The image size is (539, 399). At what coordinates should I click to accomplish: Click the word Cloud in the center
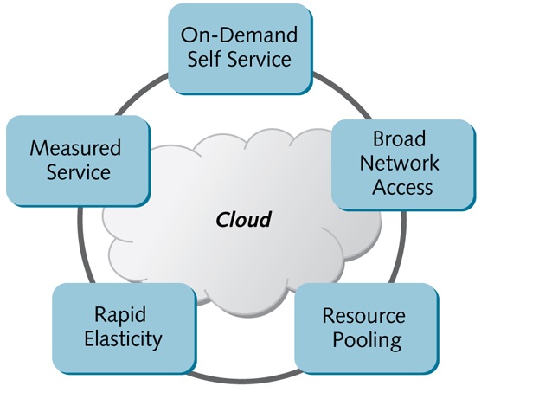point(243,220)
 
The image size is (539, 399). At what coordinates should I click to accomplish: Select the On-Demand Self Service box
point(239,48)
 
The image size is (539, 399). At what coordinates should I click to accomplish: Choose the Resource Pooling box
point(363,327)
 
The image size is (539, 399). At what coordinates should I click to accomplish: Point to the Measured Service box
point(75,160)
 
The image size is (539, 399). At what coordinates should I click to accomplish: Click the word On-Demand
point(239,35)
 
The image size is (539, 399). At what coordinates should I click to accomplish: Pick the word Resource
point(363,315)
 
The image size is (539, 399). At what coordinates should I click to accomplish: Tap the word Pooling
point(363,339)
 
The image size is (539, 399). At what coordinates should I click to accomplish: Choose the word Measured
point(75,148)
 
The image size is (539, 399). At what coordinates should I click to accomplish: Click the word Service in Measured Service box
point(79,172)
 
